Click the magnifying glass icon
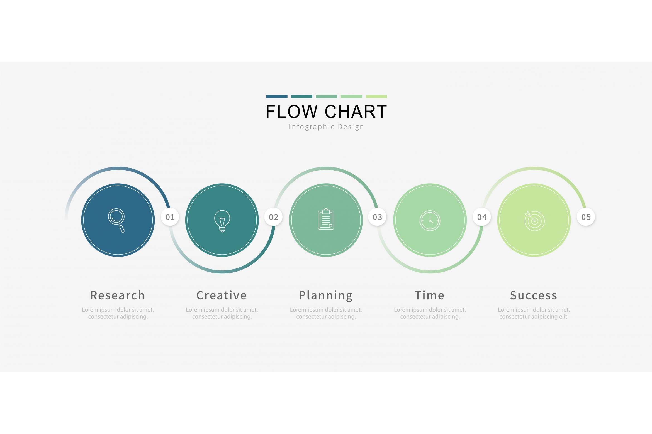click(116, 220)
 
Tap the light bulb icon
click(222, 221)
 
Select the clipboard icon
click(326, 219)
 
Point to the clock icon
click(430, 221)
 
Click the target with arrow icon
click(534, 221)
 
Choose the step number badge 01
click(170, 217)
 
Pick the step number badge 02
click(274, 217)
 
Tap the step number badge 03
click(378, 217)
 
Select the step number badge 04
click(482, 217)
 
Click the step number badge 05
click(586, 217)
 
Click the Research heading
click(118, 295)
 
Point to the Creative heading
click(222, 295)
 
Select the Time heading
click(430, 295)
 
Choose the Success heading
click(534, 295)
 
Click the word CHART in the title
click(356, 112)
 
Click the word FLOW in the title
click(292, 112)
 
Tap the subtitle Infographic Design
click(327, 127)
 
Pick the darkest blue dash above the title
click(277, 97)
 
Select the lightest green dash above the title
click(376, 97)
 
